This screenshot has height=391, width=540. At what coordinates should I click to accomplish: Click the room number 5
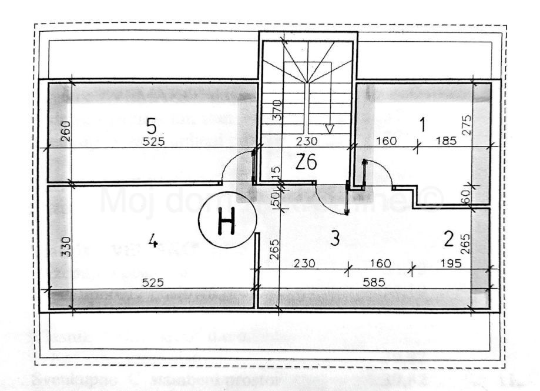(152, 126)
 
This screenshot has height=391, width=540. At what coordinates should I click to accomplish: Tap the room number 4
(153, 241)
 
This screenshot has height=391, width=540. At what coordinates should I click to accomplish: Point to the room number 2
(448, 239)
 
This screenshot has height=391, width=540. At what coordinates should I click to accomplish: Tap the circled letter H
(226, 224)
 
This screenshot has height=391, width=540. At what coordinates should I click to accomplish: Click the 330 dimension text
(65, 247)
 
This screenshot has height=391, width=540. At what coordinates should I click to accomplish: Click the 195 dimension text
(450, 262)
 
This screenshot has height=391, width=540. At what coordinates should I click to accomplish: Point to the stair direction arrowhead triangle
(330, 128)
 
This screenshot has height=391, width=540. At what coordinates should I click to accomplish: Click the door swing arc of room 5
(230, 165)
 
